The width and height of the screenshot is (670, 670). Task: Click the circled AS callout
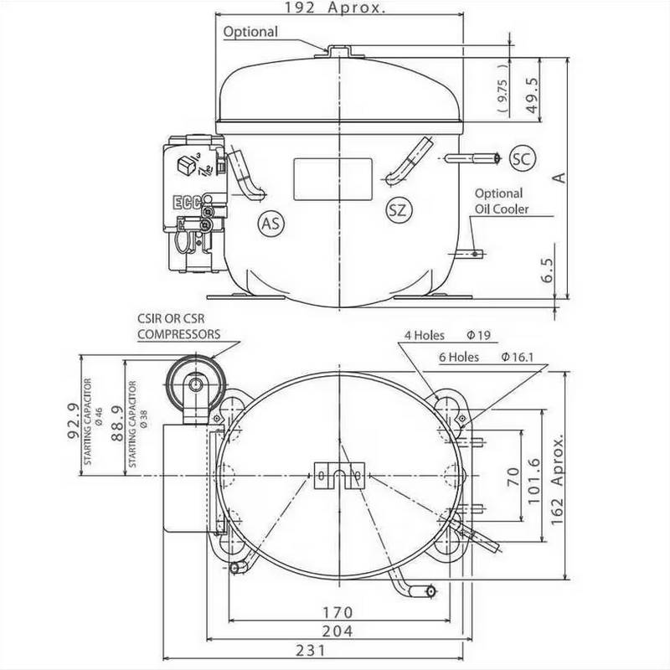click(270, 224)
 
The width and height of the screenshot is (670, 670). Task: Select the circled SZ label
click(397, 209)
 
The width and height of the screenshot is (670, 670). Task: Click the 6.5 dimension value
click(548, 273)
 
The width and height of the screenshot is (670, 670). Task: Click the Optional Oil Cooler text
click(502, 201)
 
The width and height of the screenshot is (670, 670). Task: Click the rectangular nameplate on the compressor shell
click(332, 179)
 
